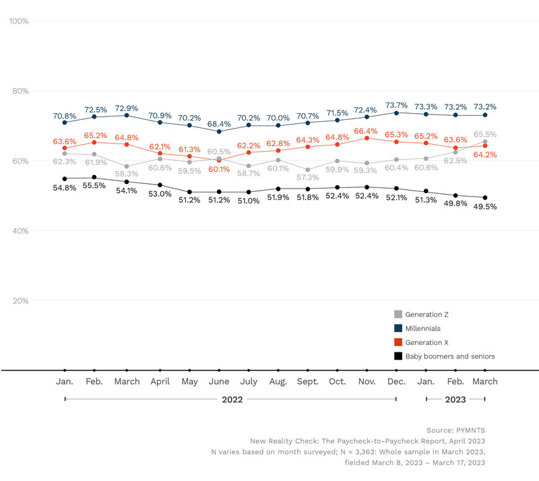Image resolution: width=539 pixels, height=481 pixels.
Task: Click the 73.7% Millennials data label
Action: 397,105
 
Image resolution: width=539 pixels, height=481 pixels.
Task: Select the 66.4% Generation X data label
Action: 367,130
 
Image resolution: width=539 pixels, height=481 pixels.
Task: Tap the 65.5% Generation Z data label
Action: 485,135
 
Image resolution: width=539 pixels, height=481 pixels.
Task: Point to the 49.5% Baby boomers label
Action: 485,207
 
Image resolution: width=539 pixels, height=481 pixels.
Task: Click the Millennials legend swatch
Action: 398,329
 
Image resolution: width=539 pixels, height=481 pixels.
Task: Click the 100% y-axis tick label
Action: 18,22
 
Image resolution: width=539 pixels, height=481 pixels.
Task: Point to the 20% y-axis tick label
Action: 20,301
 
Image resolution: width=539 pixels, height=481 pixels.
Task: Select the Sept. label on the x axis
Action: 308,382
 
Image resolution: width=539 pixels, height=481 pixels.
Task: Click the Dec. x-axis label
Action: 396,382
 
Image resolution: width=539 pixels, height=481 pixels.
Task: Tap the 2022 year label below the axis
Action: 232,399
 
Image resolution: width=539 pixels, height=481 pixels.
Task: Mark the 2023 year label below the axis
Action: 455,399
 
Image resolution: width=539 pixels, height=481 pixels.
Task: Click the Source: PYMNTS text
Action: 455,430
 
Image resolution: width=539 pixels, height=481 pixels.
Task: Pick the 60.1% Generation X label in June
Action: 220,169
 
